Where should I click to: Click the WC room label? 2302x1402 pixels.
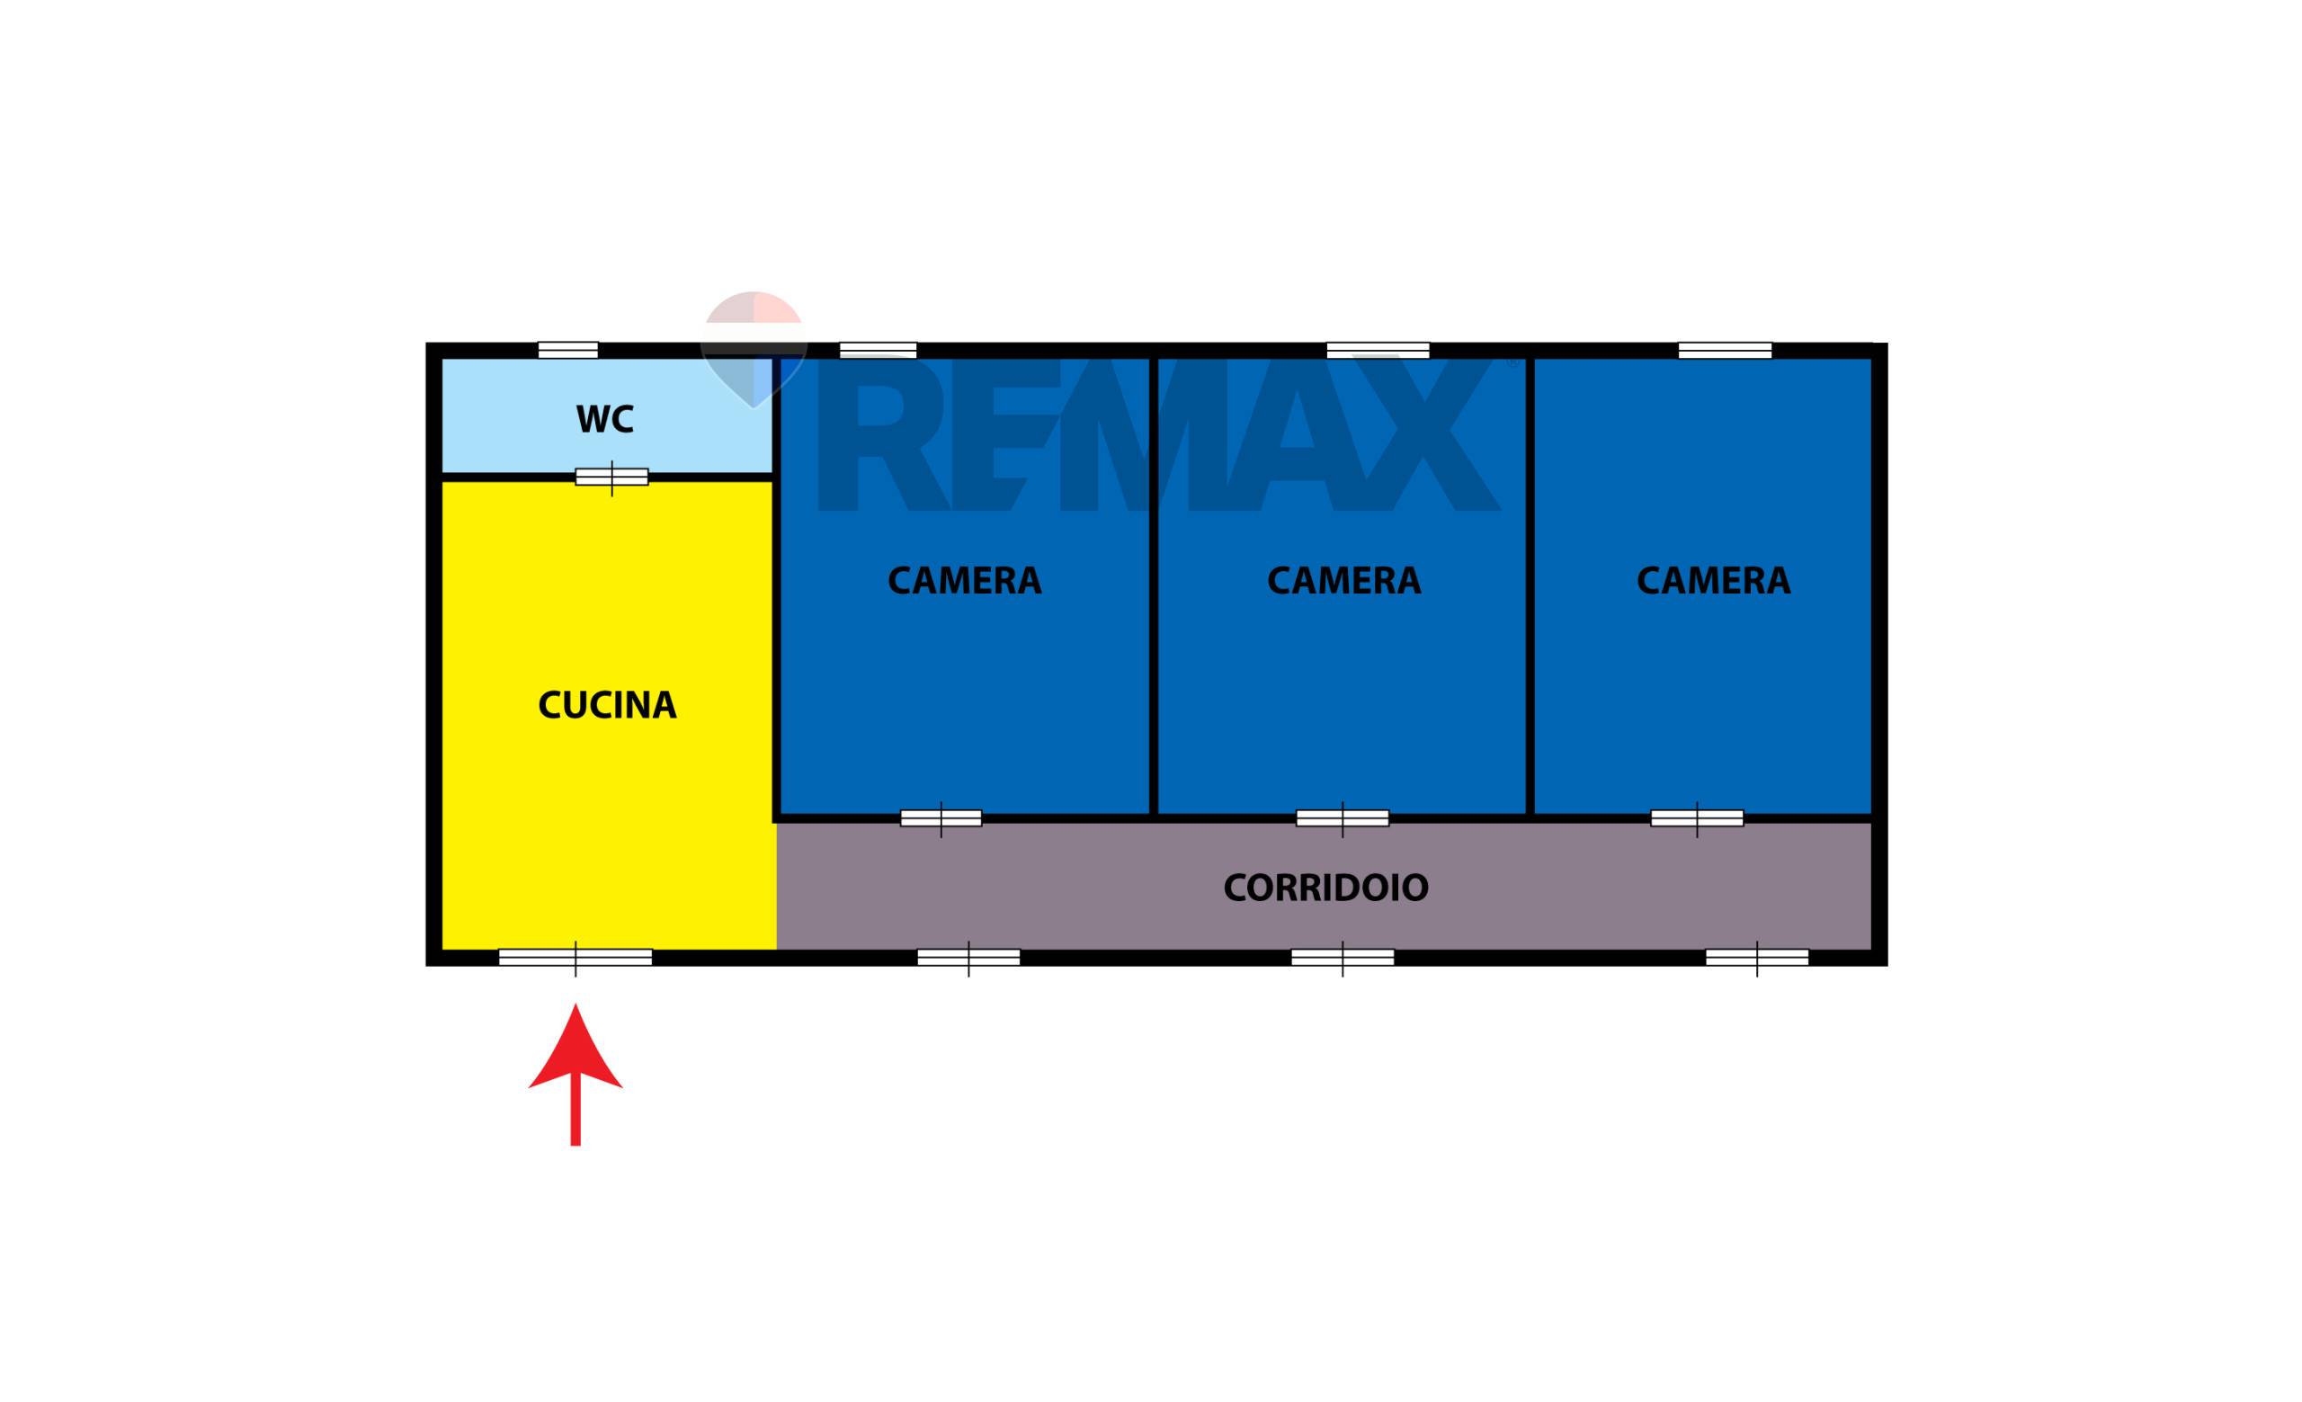coord(604,419)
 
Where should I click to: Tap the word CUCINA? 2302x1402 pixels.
coord(607,705)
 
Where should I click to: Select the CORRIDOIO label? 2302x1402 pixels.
coord(1325,888)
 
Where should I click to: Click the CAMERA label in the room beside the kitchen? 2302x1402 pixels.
coord(964,581)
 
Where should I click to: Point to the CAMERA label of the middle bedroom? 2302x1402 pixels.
coord(1343,581)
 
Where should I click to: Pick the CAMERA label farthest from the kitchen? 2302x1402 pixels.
coord(1713,581)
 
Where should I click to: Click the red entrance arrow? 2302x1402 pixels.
coord(575,1074)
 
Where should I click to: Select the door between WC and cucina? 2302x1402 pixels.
coord(612,478)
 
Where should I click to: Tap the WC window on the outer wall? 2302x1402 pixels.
coord(568,350)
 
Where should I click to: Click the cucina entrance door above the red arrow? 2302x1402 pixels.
coord(575,958)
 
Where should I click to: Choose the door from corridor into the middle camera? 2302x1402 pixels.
coord(1343,819)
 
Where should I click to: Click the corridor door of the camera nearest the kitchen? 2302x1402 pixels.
coord(941,819)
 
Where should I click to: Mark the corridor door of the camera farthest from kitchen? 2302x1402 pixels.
coord(1697,819)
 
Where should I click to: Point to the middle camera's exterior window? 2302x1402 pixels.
coord(1378,350)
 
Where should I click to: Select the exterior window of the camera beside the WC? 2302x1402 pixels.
coord(879,350)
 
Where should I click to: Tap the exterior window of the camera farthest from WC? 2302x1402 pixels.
coord(1725,350)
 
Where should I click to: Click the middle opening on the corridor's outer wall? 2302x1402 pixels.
coord(1343,958)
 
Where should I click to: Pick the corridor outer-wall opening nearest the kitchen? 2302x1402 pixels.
coord(968,958)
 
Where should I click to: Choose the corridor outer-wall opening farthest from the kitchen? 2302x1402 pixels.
coord(1757,958)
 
